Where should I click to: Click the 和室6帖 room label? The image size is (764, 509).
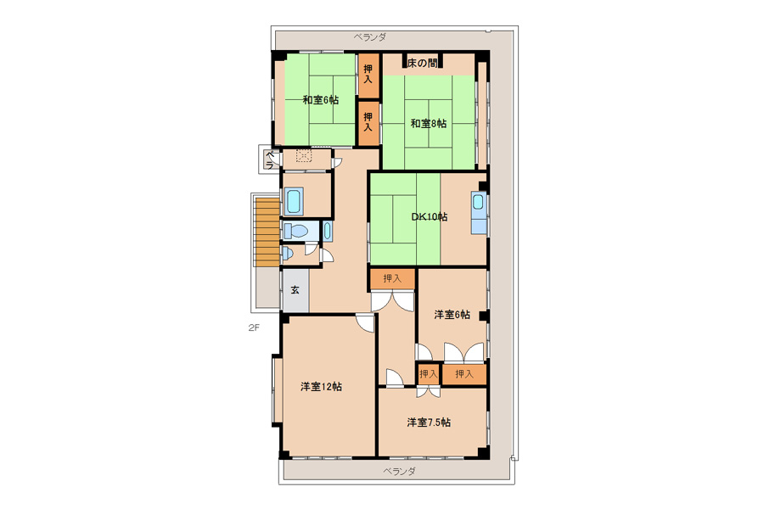pyautogui.click(x=320, y=100)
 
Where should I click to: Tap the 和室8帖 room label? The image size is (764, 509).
pyautogui.click(x=429, y=124)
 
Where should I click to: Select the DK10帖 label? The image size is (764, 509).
pyautogui.click(x=430, y=217)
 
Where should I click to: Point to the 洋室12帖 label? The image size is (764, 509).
pyautogui.click(x=321, y=387)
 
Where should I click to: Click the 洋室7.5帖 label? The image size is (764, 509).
pyautogui.click(x=429, y=422)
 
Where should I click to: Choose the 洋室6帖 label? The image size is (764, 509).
pyautogui.click(x=452, y=315)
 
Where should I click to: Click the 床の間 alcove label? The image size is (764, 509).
pyautogui.click(x=422, y=63)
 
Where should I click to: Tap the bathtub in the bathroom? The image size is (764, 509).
pyautogui.click(x=295, y=201)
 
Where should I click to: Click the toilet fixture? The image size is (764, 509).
pyautogui.click(x=295, y=231)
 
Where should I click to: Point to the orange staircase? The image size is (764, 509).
pyautogui.click(x=267, y=231)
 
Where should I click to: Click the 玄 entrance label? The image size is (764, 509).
pyautogui.click(x=295, y=290)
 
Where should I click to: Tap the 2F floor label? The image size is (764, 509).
pyautogui.click(x=253, y=327)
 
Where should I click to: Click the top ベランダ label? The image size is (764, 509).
pyautogui.click(x=370, y=37)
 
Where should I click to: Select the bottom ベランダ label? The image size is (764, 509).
pyautogui.click(x=399, y=472)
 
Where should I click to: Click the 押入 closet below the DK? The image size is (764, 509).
pyautogui.click(x=392, y=279)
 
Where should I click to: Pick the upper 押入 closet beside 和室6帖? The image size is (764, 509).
pyautogui.click(x=368, y=74)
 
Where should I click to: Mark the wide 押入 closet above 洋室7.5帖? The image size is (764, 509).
pyautogui.click(x=463, y=374)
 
